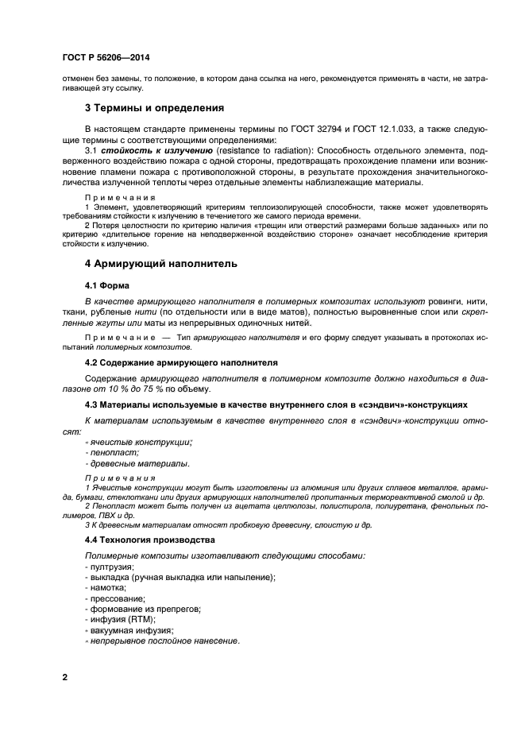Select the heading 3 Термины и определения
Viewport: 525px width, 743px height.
point(154,107)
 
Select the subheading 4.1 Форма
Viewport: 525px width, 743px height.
point(107,284)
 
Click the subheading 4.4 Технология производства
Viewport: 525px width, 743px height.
point(149,540)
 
